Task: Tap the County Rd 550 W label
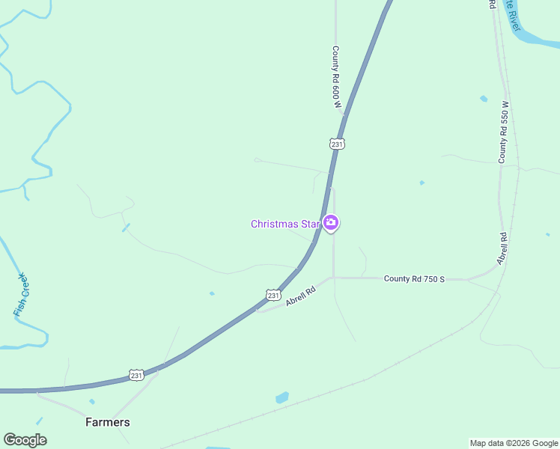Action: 504,132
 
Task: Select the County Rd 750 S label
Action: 414,279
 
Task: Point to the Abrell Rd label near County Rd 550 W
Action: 502,248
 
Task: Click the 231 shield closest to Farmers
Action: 136,374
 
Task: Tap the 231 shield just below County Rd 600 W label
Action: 337,143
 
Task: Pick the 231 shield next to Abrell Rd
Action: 273,295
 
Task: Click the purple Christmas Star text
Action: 285,224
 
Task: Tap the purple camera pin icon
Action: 331,222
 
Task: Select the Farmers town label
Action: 108,422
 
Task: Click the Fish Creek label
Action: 22,294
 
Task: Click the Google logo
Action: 25,440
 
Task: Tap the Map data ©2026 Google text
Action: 513,443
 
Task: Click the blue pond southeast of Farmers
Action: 281,397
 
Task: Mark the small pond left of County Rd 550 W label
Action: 484,99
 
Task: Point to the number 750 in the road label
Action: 426,279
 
